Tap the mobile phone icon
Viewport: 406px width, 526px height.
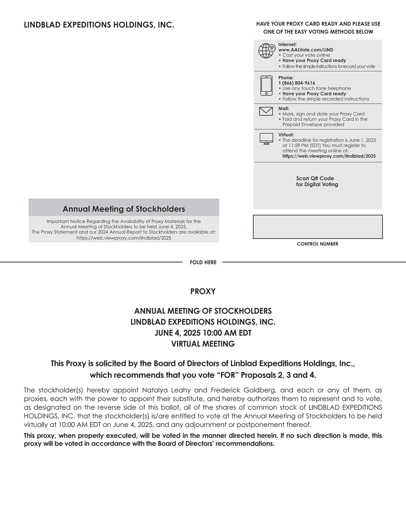pos(266,85)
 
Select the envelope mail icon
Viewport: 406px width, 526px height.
pos(266,111)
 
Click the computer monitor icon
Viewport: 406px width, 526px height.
pos(266,139)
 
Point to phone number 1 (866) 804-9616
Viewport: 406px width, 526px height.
pos(296,83)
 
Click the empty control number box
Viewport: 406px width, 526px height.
pos(317,227)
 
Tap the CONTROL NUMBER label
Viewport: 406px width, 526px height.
pos(317,244)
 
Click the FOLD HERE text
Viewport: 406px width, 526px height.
pos(203,262)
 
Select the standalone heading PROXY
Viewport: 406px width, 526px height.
pos(203,291)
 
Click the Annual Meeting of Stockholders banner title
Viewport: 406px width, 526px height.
pos(124,209)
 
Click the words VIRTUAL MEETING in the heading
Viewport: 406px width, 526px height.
pos(203,344)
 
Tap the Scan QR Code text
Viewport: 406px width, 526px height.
pos(315,178)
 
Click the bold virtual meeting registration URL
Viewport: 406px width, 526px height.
pos(329,156)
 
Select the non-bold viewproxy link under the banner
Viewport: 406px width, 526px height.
pos(124,238)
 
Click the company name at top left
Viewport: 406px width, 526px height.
pos(99,25)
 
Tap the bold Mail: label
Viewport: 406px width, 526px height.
pos(283,108)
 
